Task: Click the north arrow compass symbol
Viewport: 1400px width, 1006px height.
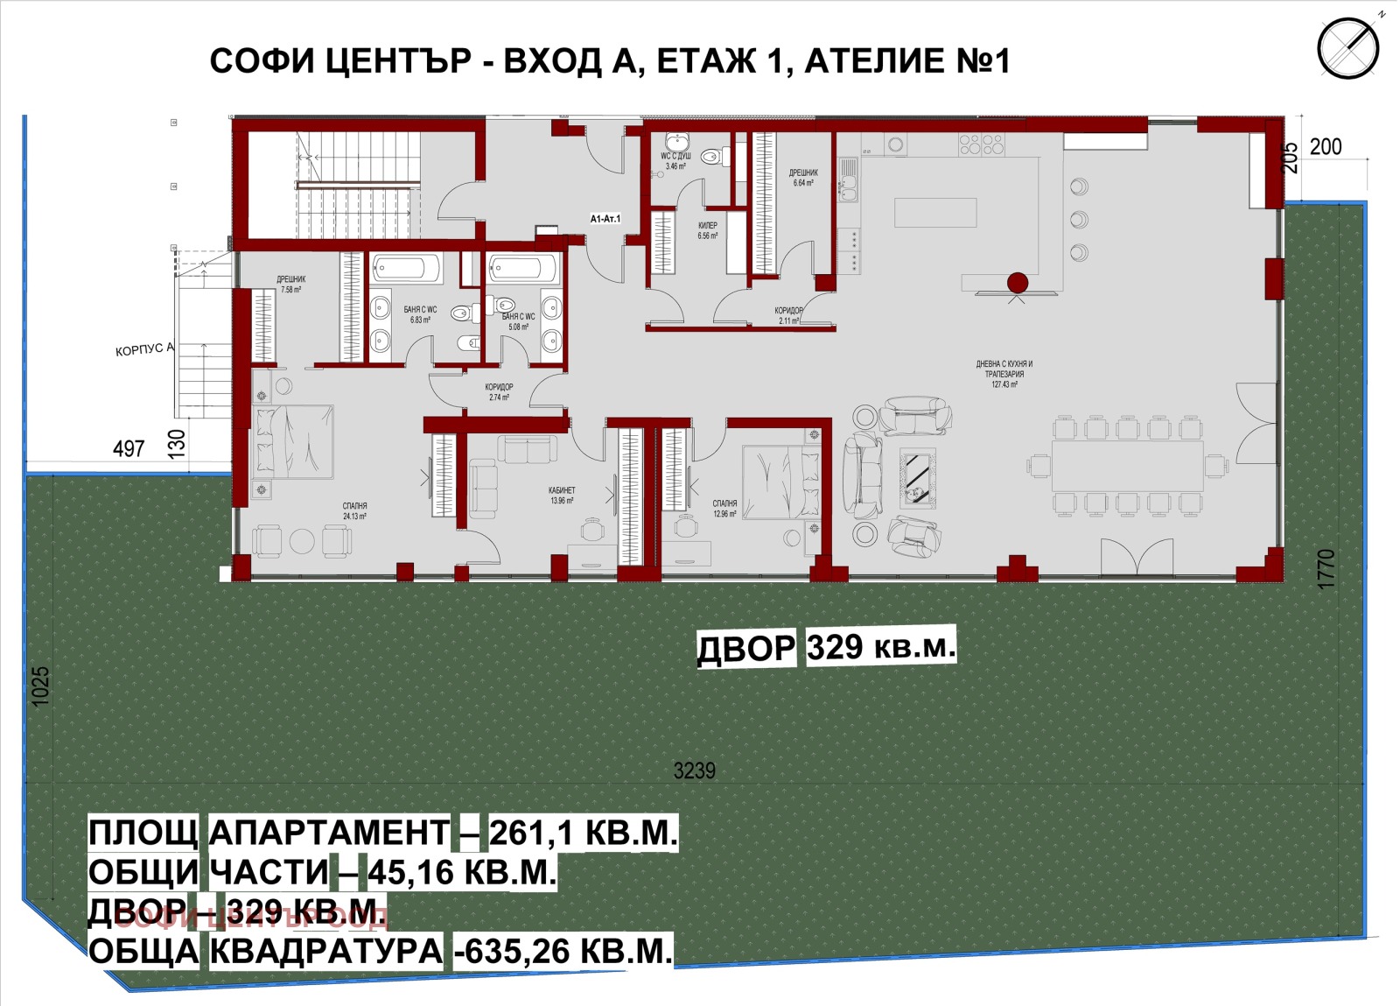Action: pos(1347,49)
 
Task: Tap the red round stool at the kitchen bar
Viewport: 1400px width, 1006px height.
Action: pos(1017,283)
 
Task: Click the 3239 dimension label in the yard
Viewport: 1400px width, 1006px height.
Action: pos(694,770)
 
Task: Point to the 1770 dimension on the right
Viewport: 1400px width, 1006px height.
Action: pos(1326,568)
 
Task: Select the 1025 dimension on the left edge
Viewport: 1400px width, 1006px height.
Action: pos(40,686)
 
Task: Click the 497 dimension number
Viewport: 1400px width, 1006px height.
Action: pos(129,449)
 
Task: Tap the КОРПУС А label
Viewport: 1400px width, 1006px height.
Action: pos(144,350)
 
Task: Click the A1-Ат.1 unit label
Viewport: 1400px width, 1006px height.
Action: pos(605,219)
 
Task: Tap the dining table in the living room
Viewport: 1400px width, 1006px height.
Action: pos(1127,466)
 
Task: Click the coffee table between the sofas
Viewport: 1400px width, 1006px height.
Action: pos(917,477)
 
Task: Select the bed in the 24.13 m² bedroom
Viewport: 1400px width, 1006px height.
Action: pos(294,442)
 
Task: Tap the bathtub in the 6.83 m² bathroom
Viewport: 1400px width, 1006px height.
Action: pos(406,268)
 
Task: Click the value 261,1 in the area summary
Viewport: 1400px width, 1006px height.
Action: pos(530,833)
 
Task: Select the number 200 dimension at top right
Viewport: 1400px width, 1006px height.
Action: pos(1325,147)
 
